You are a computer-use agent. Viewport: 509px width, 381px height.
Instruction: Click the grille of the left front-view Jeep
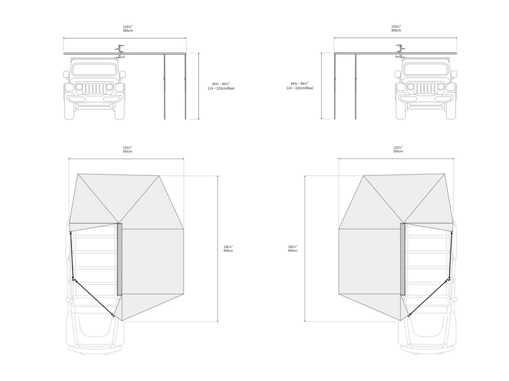94,88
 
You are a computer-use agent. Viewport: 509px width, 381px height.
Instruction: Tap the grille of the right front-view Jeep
426,88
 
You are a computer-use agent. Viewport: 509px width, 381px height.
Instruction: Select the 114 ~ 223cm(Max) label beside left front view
221,88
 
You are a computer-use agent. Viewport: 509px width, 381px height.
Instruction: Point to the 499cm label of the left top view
228,251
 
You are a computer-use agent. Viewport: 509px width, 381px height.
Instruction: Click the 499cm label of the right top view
292,251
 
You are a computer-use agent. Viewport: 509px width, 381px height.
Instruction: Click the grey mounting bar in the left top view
119,259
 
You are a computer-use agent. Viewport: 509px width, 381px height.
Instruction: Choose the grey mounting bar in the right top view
403,259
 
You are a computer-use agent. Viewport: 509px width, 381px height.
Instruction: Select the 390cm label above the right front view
396,31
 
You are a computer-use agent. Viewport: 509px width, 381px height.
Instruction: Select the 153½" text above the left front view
127,26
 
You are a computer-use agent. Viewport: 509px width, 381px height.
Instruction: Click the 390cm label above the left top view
127,151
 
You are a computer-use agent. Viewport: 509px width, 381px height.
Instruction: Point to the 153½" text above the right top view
398,148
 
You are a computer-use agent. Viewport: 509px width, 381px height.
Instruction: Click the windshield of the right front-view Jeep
426,69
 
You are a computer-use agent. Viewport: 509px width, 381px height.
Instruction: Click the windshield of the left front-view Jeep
94,69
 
